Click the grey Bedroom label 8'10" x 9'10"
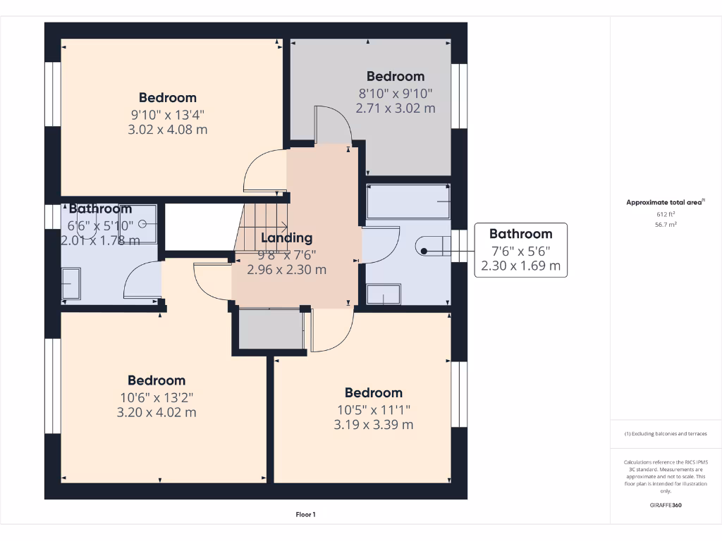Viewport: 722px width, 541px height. pos(395,76)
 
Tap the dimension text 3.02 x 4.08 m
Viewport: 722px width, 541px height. pos(167,130)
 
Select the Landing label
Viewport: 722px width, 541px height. pos(286,238)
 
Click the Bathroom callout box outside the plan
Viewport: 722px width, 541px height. pos(520,250)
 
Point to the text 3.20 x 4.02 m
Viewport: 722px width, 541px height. pos(157,413)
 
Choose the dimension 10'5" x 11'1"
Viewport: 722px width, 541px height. pos(373,409)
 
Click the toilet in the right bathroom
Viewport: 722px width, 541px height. pos(432,246)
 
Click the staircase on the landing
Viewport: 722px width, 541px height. pos(262,225)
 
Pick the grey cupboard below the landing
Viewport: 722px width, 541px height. pos(271,329)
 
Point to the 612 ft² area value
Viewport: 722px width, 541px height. pos(666,214)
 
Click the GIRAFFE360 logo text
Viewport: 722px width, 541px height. pos(666,505)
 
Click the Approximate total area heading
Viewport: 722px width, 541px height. pos(665,202)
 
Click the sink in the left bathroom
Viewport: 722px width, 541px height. pos(71,285)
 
